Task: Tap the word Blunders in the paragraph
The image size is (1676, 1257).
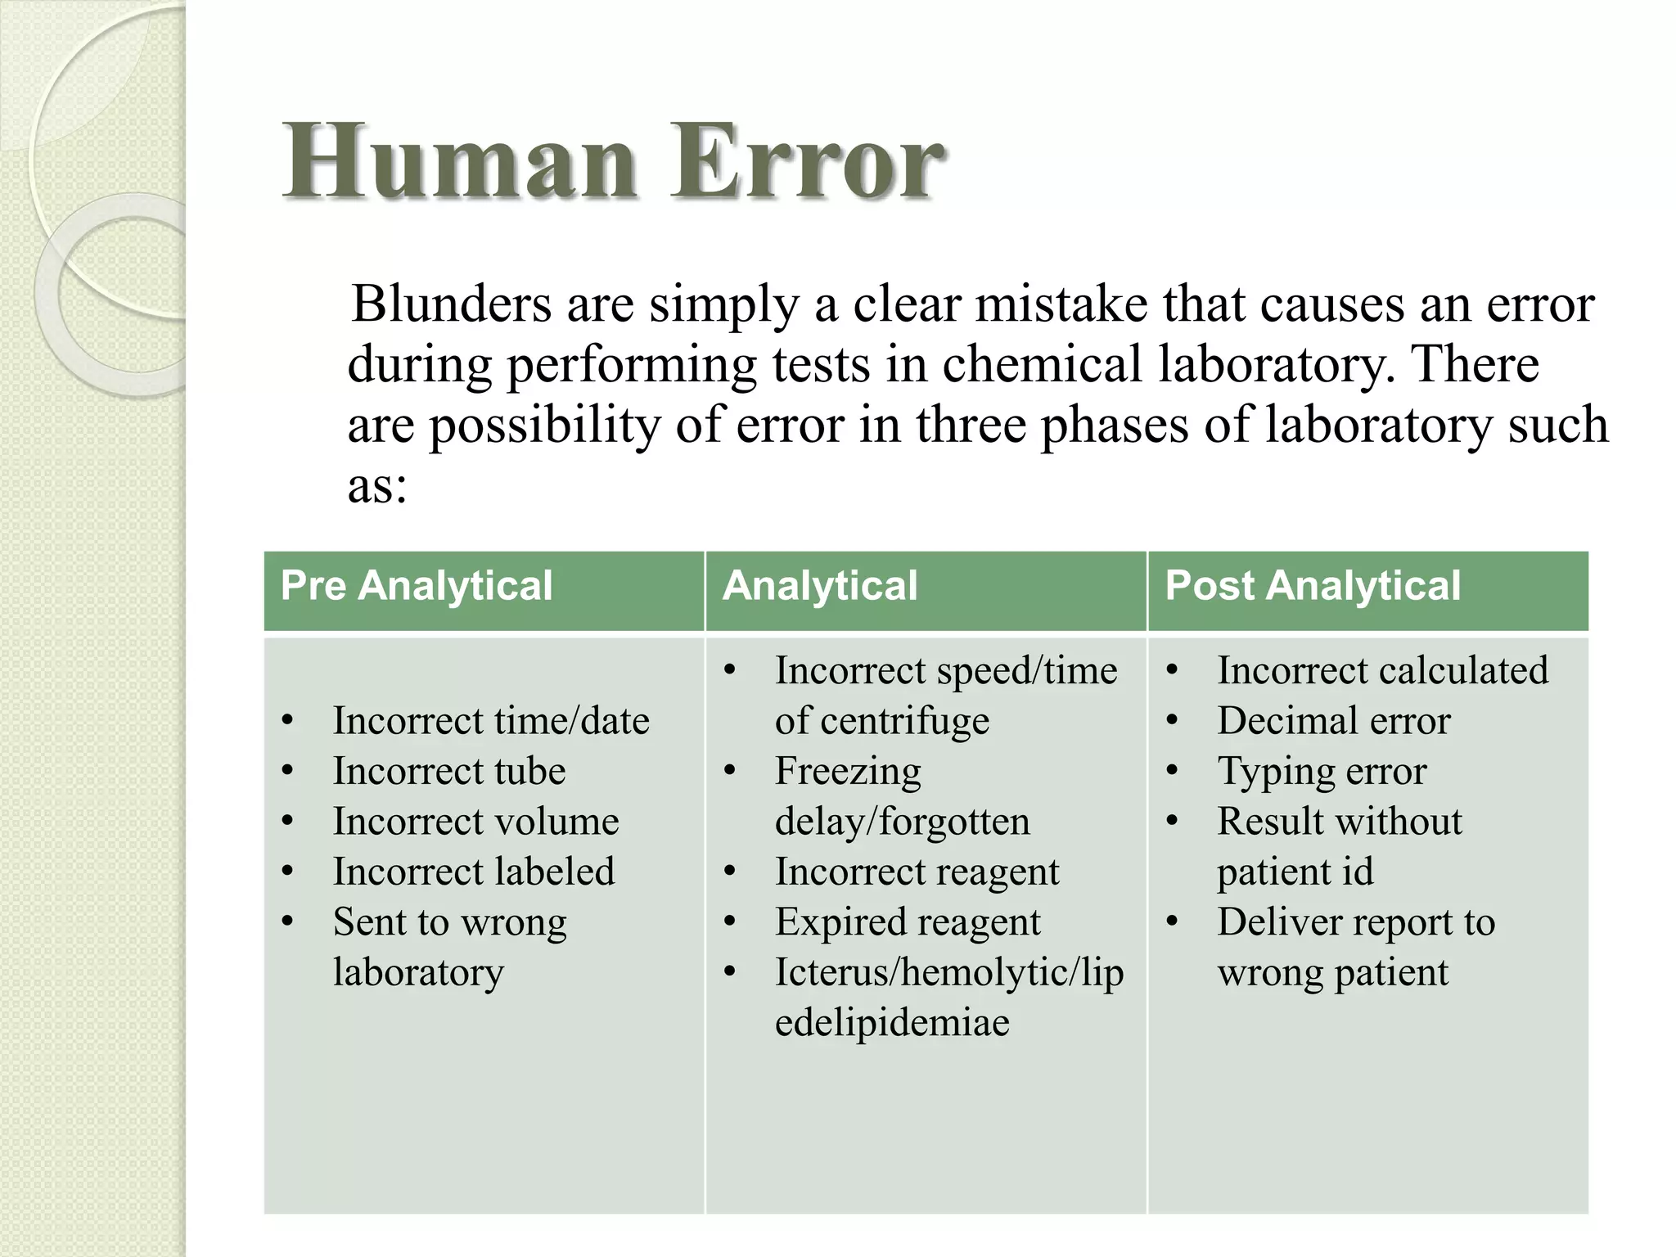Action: pyautogui.click(x=451, y=304)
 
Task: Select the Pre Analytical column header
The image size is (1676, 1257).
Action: pyautogui.click(x=417, y=586)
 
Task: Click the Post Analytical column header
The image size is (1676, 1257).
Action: pyautogui.click(x=1312, y=586)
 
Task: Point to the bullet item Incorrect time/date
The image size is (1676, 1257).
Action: pyautogui.click(x=491, y=721)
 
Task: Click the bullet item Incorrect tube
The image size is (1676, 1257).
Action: pyautogui.click(x=448, y=771)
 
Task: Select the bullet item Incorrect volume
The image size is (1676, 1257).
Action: pyautogui.click(x=475, y=822)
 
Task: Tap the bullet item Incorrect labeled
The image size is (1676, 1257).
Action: pyautogui.click(x=473, y=872)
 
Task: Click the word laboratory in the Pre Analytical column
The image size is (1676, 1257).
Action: pyautogui.click(x=418, y=972)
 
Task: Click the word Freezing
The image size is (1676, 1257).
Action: pyautogui.click(x=848, y=771)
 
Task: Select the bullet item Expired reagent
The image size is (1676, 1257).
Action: pyautogui.click(x=908, y=922)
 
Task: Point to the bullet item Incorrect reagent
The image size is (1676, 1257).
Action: pyautogui.click(x=917, y=872)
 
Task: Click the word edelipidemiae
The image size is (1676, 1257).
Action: pyautogui.click(x=892, y=1023)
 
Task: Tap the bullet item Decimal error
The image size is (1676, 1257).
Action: pyautogui.click(x=1333, y=721)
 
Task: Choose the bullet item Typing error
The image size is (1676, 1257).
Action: pyautogui.click(x=1322, y=771)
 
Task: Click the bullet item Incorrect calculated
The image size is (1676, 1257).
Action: pyautogui.click(x=1382, y=670)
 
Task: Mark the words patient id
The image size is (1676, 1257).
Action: pyautogui.click(x=1295, y=872)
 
